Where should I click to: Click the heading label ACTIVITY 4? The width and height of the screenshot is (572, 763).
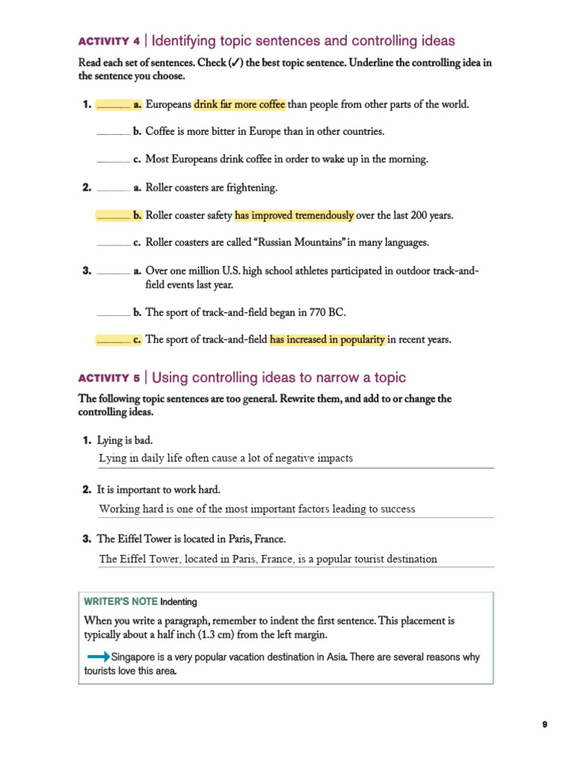[109, 42]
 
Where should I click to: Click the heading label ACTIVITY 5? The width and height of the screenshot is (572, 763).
[109, 379]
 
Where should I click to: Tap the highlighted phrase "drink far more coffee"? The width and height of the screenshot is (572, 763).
[239, 104]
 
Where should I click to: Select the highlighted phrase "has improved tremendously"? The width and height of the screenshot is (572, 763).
[294, 215]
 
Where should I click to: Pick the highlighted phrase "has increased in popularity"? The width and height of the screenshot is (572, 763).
[327, 340]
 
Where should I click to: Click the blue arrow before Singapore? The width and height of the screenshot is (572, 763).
[98, 656]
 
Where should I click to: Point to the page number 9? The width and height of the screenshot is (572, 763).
[544, 724]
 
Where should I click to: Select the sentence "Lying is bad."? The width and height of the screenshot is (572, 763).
[124, 440]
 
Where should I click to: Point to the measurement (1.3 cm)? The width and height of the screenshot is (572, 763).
[194, 635]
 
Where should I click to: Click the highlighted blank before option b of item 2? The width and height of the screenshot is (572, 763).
[113, 215]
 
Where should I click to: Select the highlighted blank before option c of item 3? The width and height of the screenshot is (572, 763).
[113, 340]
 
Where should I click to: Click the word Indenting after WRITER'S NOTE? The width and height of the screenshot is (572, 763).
[179, 602]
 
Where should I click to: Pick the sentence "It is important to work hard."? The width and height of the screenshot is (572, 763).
[159, 490]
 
